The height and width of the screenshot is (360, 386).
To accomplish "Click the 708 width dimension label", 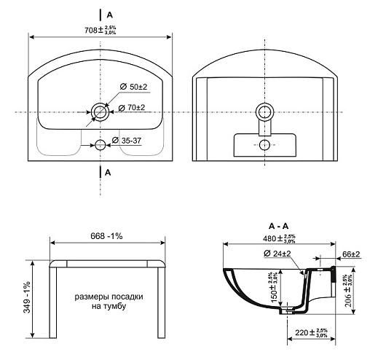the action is click(101, 30).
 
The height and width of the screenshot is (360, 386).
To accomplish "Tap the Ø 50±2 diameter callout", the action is click(133, 87).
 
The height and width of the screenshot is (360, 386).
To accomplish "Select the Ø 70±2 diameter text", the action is click(132, 108).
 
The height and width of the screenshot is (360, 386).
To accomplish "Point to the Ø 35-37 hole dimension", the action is click(127, 141).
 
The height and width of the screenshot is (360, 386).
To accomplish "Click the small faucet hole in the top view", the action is click(101, 145).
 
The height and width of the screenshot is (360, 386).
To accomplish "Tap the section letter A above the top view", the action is click(109, 15).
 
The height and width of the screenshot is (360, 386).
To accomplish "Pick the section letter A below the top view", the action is click(108, 173).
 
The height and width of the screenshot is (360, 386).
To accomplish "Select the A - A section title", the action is click(278, 226).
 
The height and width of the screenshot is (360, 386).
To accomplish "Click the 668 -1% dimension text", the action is click(106, 236).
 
